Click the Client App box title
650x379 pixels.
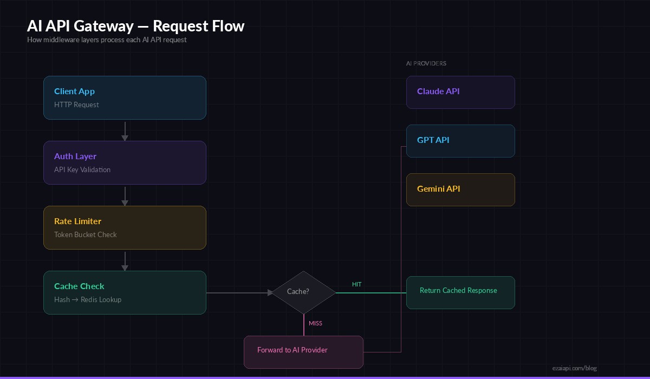tap(74, 92)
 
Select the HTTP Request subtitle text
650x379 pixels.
tap(76, 105)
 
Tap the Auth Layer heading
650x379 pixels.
tap(75, 156)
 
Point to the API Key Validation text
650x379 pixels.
tap(82, 170)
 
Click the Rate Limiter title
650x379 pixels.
tap(77, 221)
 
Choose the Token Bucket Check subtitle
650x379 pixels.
tap(86, 235)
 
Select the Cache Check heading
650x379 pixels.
tap(79, 286)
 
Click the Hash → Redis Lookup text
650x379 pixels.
tap(88, 300)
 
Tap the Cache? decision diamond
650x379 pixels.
tap(303, 292)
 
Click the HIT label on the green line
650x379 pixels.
tap(356, 284)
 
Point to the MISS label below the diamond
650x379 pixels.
tap(315, 323)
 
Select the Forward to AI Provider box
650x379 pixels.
tap(303, 352)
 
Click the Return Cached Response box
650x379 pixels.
tap(460, 292)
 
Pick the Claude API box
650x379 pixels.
tap(460, 92)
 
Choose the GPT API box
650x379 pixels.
tap(460, 141)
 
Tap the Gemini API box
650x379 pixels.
tap(460, 190)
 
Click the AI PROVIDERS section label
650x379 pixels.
tap(426, 63)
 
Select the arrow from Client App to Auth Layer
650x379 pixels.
tap(125, 130)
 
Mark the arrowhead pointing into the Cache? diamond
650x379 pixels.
tap(269, 293)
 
